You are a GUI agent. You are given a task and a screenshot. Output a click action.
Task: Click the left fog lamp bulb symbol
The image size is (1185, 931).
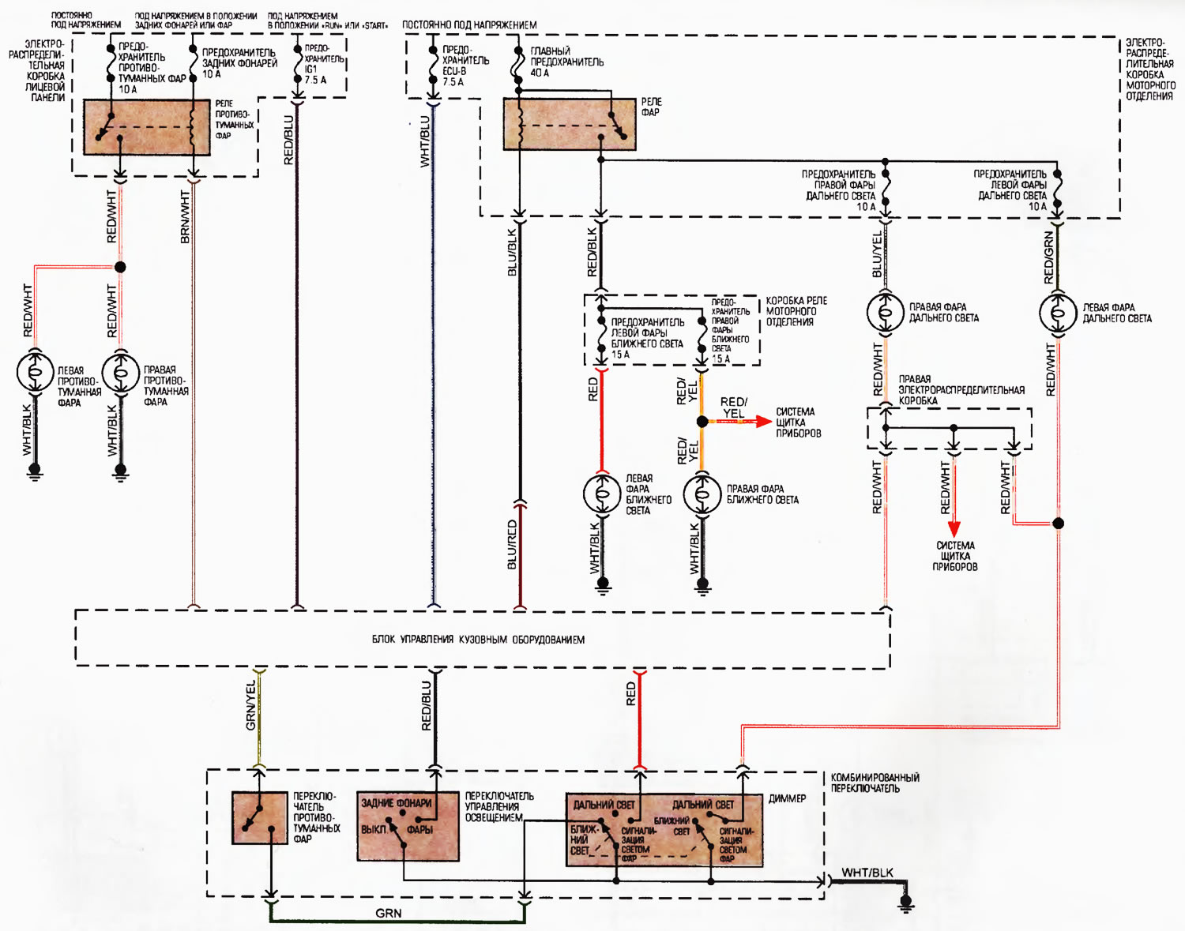(x=36, y=372)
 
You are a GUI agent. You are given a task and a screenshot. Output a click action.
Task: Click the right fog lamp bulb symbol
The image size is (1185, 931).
(x=120, y=372)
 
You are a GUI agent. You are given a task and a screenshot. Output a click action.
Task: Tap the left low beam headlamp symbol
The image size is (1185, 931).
(x=602, y=494)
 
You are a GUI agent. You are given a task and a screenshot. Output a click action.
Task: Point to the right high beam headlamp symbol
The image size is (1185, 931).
(x=886, y=312)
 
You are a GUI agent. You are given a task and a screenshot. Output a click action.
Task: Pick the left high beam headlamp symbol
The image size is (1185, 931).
(x=1058, y=312)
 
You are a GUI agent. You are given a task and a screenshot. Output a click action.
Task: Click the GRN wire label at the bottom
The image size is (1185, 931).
(x=388, y=914)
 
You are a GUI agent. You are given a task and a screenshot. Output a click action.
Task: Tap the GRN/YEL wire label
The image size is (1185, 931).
(x=251, y=705)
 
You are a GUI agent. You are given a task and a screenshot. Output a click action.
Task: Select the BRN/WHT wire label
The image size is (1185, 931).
(x=186, y=217)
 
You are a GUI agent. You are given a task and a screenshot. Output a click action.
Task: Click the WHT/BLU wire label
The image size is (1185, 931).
(x=425, y=142)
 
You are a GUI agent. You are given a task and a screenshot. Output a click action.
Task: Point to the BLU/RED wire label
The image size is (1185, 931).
(x=512, y=545)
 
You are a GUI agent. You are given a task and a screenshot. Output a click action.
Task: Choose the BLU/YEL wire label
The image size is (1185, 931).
(x=877, y=255)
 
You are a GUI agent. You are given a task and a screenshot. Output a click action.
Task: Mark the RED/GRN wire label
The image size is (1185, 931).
(x=1049, y=257)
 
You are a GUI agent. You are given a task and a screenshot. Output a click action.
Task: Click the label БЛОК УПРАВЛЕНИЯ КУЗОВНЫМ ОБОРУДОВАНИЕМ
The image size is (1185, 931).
(x=478, y=640)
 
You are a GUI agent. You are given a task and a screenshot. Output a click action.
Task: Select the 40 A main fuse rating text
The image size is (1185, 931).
(x=540, y=73)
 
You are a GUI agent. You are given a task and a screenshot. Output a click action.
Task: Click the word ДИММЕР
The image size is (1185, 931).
(x=787, y=798)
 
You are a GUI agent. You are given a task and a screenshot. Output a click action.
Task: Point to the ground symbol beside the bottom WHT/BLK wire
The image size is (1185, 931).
(x=906, y=902)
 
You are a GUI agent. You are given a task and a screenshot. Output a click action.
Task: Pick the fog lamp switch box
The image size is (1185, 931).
(x=260, y=818)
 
